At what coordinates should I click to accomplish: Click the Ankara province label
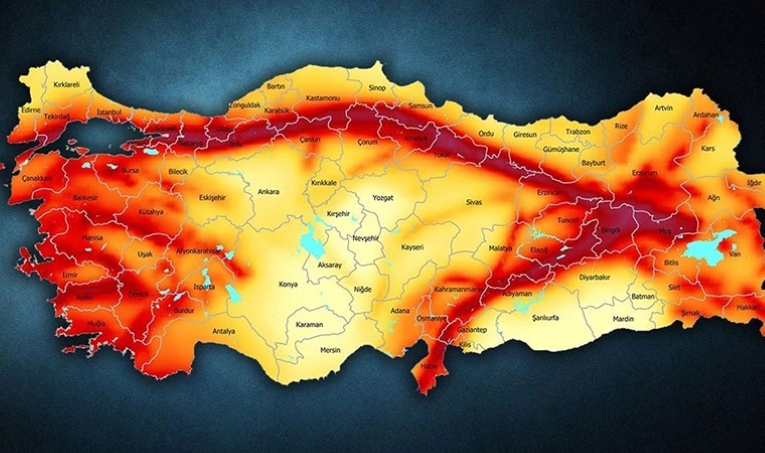pyautogui.click(x=268, y=192)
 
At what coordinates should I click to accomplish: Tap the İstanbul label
pyautogui.click(x=109, y=112)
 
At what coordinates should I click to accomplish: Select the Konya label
pyautogui.click(x=288, y=284)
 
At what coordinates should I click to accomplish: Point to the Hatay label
pyautogui.click(x=427, y=366)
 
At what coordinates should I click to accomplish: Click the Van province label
pyautogui.click(x=735, y=254)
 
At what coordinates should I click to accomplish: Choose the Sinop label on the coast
pyautogui.click(x=377, y=88)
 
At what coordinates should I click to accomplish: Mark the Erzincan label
pyautogui.click(x=550, y=193)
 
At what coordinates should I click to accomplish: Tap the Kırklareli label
pyautogui.click(x=66, y=85)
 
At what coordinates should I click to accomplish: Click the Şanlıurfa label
pyautogui.click(x=545, y=318)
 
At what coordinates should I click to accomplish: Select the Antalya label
pyautogui.click(x=223, y=331)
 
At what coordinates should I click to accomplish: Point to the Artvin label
pyautogui.click(x=663, y=108)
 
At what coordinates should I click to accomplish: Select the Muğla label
pyautogui.click(x=96, y=324)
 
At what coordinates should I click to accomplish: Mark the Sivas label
pyautogui.click(x=474, y=202)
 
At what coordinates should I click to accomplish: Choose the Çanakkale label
pyautogui.click(x=37, y=178)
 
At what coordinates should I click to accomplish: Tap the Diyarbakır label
pyautogui.click(x=594, y=277)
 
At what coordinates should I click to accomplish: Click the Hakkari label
pyautogui.click(x=747, y=307)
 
